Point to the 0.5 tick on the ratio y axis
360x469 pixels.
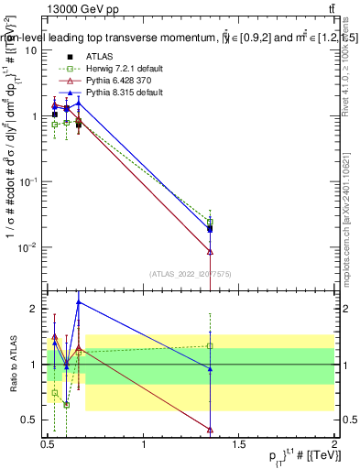coord(32,420)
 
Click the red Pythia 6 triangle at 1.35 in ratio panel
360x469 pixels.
coord(211,429)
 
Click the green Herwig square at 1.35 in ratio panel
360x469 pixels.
coord(211,345)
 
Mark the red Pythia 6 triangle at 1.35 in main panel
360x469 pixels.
coord(211,251)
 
